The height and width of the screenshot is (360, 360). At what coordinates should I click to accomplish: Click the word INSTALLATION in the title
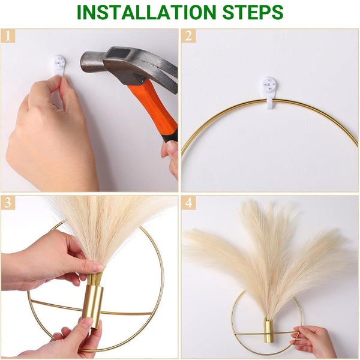(146, 12)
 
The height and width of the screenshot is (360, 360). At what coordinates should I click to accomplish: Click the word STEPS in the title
(253, 12)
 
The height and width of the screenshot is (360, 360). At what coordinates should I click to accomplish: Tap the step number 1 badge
(8, 36)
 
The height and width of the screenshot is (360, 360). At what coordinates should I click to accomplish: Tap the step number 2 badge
(188, 36)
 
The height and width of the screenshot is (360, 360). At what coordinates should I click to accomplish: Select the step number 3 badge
(8, 203)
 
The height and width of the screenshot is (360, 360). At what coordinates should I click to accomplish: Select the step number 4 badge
(188, 203)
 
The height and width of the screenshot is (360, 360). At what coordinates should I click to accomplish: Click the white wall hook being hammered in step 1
(59, 65)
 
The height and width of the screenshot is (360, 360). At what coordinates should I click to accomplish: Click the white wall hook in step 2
(269, 92)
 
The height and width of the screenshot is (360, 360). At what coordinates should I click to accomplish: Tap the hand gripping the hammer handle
(170, 158)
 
